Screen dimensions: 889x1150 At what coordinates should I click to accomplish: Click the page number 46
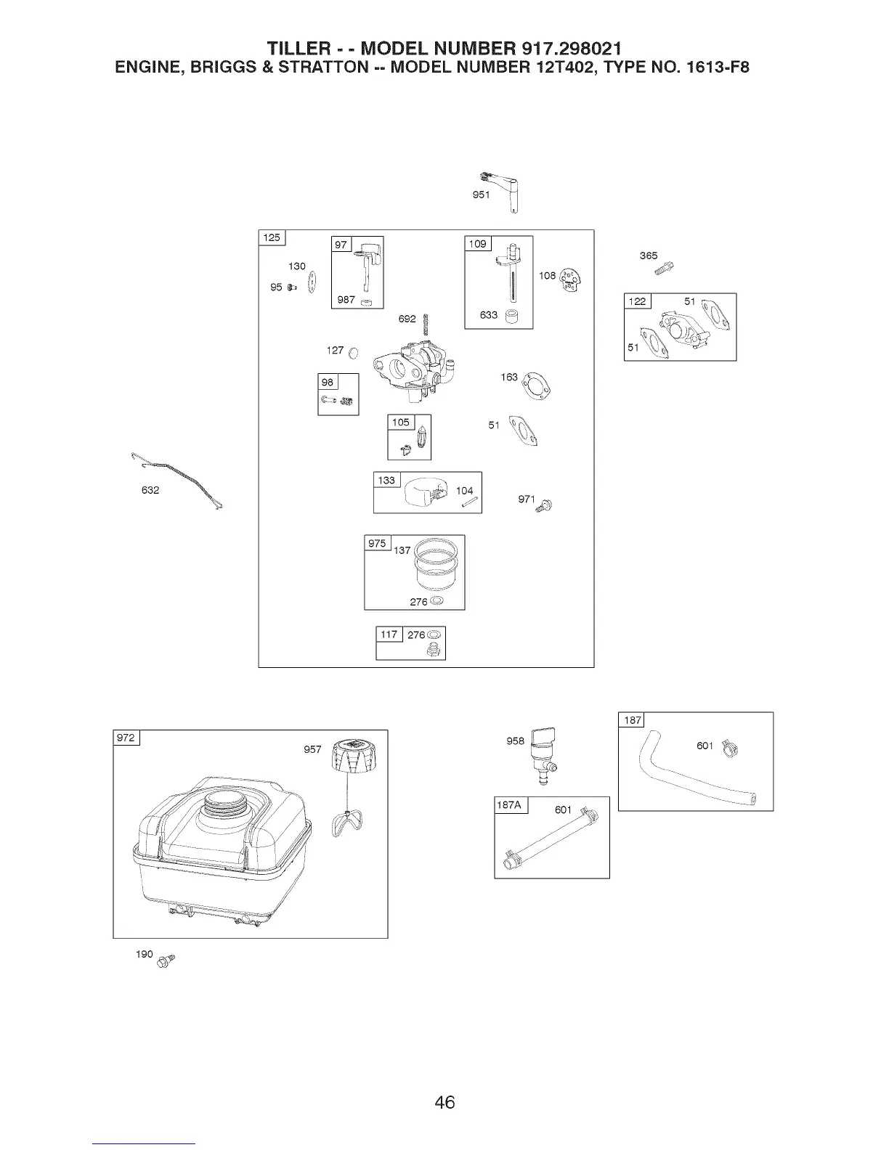[x=444, y=1101]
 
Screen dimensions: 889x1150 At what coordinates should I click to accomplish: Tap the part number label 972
[x=126, y=738]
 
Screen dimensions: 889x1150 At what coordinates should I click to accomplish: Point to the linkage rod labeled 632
[x=178, y=480]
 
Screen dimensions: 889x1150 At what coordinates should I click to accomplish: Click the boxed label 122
[x=637, y=301]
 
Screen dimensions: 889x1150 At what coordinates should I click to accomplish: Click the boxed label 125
[x=272, y=237]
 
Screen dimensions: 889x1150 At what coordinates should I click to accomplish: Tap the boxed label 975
[x=377, y=543]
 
